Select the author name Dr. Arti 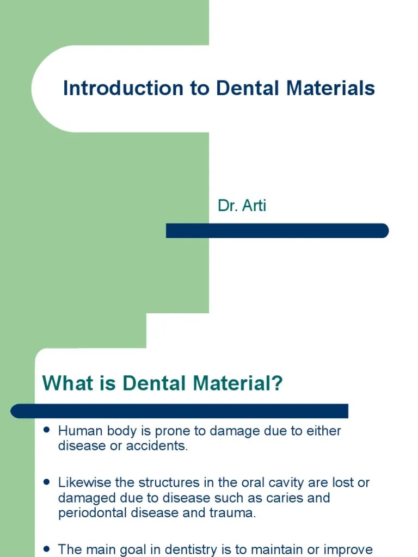pyautogui.click(x=242, y=206)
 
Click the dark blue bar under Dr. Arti pyautogui.click(x=277, y=231)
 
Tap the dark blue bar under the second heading pyautogui.click(x=179, y=411)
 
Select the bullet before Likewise pyautogui.click(x=47, y=482)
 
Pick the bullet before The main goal pyautogui.click(x=47, y=548)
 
